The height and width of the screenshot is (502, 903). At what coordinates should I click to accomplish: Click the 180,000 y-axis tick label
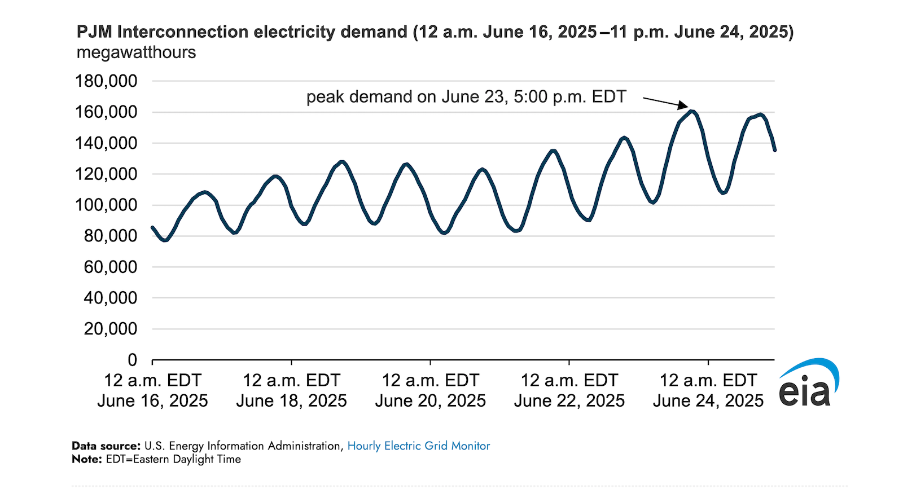click(106, 81)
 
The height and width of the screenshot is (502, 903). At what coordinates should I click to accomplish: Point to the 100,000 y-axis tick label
click(106, 205)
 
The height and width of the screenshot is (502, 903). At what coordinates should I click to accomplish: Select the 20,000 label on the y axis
click(111, 329)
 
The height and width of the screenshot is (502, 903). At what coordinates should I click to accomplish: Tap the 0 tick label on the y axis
click(133, 360)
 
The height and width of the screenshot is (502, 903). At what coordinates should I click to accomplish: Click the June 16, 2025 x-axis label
click(152, 400)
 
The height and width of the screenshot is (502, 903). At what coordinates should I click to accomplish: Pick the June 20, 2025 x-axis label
click(430, 400)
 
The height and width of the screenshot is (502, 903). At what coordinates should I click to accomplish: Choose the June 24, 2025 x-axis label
click(708, 400)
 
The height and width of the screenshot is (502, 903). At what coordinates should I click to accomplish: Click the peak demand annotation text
click(466, 97)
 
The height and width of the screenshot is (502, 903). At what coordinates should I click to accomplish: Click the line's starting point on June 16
click(152, 227)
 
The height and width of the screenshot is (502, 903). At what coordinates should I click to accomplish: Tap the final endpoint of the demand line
click(774, 149)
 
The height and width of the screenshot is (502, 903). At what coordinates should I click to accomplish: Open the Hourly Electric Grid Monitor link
click(418, 446)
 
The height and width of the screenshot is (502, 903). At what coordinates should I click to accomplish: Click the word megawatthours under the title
click(136, 52)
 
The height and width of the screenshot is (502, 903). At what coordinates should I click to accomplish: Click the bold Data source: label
click(106, 446)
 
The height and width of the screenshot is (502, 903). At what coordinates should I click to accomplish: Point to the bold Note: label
click(86, 459)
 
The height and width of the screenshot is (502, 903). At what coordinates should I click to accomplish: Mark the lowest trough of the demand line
click(165, 240)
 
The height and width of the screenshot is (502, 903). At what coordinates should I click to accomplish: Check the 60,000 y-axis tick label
click(111, 267)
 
